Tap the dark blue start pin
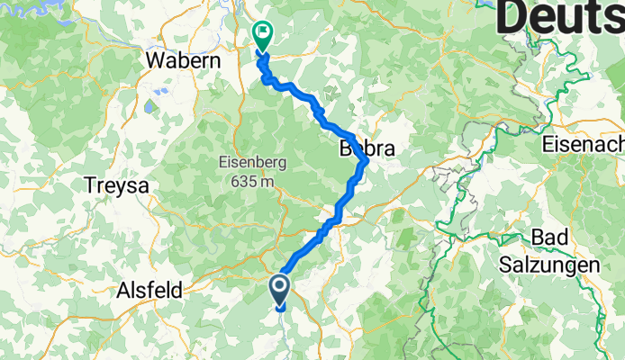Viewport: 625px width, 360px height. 279,289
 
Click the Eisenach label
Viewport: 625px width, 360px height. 584,144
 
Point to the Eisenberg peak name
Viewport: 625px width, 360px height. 253,163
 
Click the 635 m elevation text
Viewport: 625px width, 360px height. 253,181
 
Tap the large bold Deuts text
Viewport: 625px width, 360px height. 558,16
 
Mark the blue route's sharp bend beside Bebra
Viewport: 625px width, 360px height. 364,162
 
